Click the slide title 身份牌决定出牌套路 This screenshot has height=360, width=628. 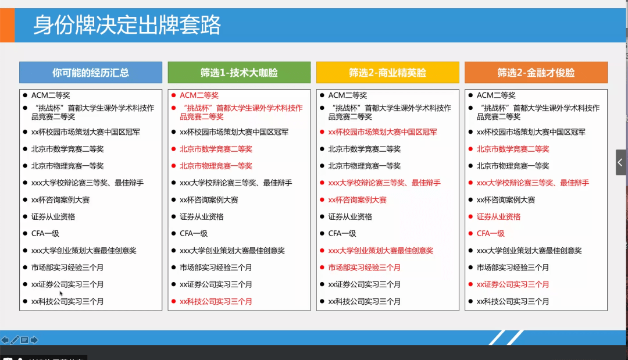pos(127,26)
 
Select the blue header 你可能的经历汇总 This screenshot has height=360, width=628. pos(91,73)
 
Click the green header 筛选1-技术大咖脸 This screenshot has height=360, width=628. pos(239,73)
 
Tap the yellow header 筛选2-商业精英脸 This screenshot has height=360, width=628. pos(387,73)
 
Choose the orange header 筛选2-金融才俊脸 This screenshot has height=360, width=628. pos(536,73)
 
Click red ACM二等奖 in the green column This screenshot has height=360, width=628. pos(199,95)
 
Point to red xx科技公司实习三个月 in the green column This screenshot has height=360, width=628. pos(216,301)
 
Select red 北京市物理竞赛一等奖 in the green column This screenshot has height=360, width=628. pos(216,166)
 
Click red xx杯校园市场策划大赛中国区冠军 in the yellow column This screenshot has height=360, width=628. pos(383,132)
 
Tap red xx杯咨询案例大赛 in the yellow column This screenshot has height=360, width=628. pos(357,199)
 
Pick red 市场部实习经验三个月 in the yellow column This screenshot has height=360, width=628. pos(364,268)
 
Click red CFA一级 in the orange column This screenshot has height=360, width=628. pos(491,233)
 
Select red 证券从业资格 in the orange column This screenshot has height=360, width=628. pos(498,216)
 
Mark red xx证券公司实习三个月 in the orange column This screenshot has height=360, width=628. pos(513,284)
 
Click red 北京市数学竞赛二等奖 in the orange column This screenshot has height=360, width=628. pos(513,149)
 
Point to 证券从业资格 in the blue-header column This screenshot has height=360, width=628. pos(53,216)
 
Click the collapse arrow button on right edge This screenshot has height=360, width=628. pos(621,162)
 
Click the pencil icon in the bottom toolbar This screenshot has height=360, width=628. pos(15,340)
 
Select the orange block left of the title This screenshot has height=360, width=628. pos(7,26)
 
